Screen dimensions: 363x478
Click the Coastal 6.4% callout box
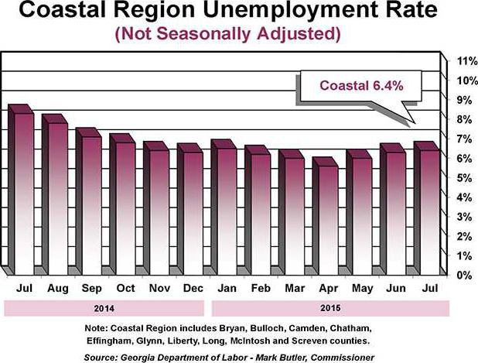coord(350,86)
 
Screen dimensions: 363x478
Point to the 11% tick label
coord(464,60)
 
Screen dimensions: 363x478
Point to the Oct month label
coord(126,289)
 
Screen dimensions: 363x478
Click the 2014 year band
coord(104,307)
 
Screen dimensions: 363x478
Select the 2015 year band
coord(329,307)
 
